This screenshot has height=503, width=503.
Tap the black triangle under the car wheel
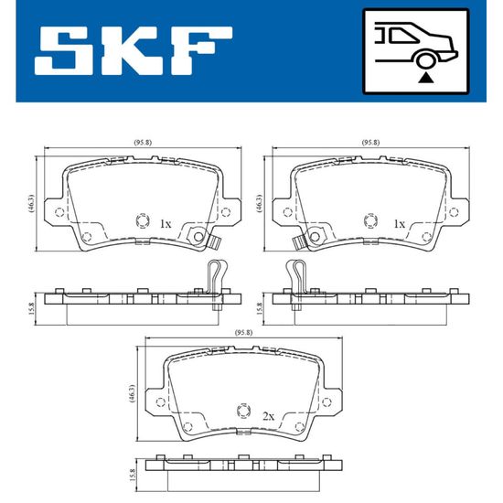[426, 78]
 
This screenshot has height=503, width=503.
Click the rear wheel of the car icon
[426, 60]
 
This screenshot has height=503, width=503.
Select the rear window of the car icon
[403, 35]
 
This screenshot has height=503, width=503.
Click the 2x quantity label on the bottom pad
[269, 416]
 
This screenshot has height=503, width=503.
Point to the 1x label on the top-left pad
[166, 223]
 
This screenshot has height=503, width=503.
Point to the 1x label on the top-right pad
[400, 223]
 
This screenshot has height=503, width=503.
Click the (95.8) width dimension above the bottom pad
[244, 333]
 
